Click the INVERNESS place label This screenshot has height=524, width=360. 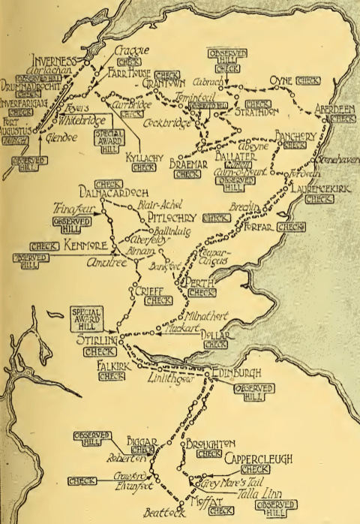click(54, 61)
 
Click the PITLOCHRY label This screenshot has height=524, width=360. click(170, 218)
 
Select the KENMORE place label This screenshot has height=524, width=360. click(86, 245)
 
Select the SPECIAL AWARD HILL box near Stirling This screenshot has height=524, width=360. click(88, 315)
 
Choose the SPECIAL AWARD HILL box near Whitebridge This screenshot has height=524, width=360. click(110, 139)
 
